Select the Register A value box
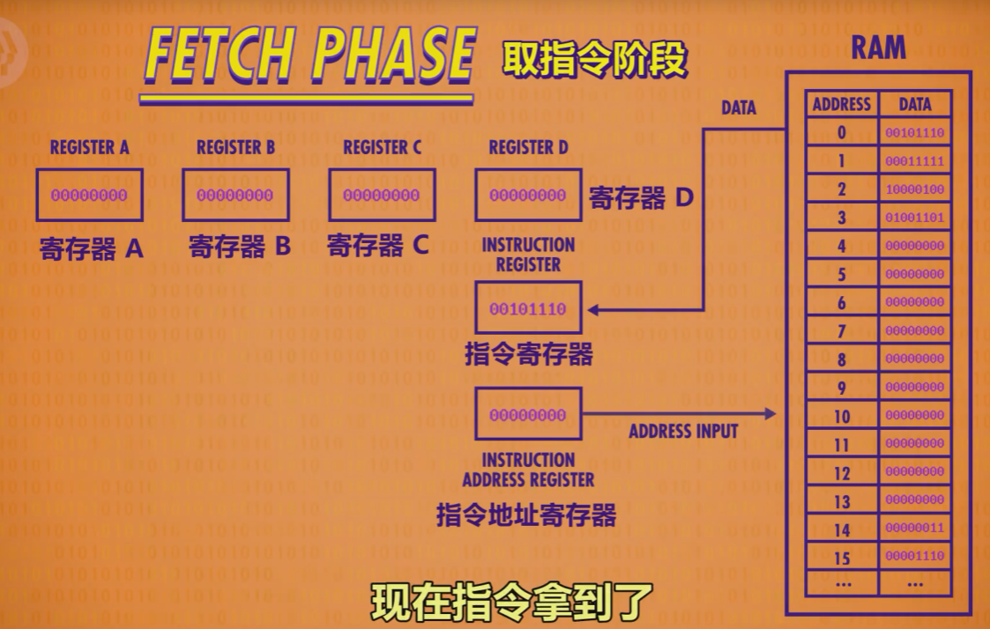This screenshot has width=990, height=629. (x=89, y=195)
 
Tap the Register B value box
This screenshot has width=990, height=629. (x=235, y=195)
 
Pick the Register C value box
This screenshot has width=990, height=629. (x=382, y=195)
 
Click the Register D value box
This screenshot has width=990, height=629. (x=528, y=195)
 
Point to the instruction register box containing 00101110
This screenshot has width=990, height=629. (x=528, y=309)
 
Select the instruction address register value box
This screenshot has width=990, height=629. (x=528, y=414)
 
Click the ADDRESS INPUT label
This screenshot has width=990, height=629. (x=683, y=432)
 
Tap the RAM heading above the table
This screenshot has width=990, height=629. (x=878, y=48)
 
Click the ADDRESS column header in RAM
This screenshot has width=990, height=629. (x=842, y=104)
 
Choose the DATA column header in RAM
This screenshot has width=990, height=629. (x=915, y=104)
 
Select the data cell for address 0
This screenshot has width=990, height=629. (x=915, y=133)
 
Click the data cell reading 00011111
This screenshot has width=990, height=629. (x=915, y=161)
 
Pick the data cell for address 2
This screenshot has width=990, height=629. (x=915, y=189)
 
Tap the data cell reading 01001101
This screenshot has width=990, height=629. (x=915, y=218)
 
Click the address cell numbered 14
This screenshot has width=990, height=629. (x=842, y=529)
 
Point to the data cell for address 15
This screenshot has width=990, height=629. (x=915, y=557)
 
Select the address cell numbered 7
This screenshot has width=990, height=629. (x=842, y=331)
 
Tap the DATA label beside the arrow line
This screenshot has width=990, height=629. (x=739, y=107)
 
